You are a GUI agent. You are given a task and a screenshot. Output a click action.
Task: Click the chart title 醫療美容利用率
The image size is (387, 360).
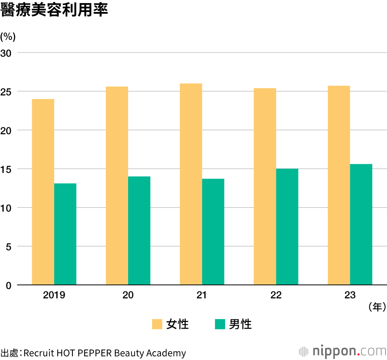pyautogui.click(x=54, y=10)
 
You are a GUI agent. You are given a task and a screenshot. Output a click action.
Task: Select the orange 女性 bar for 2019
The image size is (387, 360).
pyautogui.click(x=43, y=192)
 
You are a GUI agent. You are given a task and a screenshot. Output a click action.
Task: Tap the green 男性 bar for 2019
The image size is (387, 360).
pyautogui.click(x=65, y=234)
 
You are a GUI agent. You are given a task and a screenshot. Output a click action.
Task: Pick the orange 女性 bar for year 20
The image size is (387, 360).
pyautogui.click(x=117, y=186)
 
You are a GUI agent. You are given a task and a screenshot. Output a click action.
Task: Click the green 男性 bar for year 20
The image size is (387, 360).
pyautogui.click(x=139, y=231)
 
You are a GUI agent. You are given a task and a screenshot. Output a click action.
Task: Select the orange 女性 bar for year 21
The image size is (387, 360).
pyautogui.click(x=191, y=184)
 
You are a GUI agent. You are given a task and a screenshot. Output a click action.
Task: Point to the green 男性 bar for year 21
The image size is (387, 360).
pyautogui.click(x=213, y=232)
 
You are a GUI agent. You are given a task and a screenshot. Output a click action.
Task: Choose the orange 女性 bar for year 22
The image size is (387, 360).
pyautogui.click(x=265, y=187)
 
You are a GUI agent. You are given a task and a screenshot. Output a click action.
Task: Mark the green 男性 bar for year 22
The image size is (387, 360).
pyautogui.click(x=287, y=227)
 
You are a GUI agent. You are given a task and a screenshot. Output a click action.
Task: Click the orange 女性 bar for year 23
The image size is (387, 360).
pyautogui.click(x=339, y=185)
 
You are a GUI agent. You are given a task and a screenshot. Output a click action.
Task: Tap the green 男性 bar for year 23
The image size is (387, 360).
pyautogui.click(x=361, y=225)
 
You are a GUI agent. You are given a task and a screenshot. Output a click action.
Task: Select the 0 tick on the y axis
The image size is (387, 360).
pyautogui.click(x=9, y=285)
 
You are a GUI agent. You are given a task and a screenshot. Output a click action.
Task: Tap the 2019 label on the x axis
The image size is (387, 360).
pyautogui.click(x=54, y=295)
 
